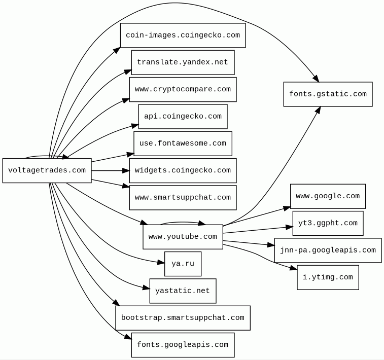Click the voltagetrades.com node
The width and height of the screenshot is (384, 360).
(x=47, y=170)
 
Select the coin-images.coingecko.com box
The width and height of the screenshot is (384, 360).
(x=183, y=35)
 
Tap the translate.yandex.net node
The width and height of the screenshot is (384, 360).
(x=183, y=62)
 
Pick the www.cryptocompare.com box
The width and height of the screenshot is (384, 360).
(x=183, y=89)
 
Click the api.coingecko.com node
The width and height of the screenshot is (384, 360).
(x=183, y=117)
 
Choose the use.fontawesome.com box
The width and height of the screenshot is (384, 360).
(x=183, y=143)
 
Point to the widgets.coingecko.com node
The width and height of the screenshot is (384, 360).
(x=183, y=170)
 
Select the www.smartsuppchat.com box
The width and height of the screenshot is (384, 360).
(x=183, y=198)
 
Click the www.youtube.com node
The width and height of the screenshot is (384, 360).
(x=183, y=237)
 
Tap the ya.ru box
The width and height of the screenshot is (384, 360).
(x=183, y=264)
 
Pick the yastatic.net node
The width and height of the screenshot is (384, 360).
(x=183, y=291)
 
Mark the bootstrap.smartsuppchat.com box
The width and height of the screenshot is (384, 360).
(x=183, y=318)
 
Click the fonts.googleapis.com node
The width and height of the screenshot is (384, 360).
(x=183, y=345)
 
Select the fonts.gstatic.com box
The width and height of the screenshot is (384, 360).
(x=328, y=94)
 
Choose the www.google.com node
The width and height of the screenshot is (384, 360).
(x=328, y=196)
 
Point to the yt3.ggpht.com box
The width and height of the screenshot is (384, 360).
(x=328, y=223)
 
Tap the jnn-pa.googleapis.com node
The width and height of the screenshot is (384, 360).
(x=328, y=250)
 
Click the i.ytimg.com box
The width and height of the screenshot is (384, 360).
(x=328, y=277)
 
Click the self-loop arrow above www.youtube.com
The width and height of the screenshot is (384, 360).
(x=183, y=222)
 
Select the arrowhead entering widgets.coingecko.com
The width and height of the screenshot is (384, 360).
(x=126, y=170)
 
